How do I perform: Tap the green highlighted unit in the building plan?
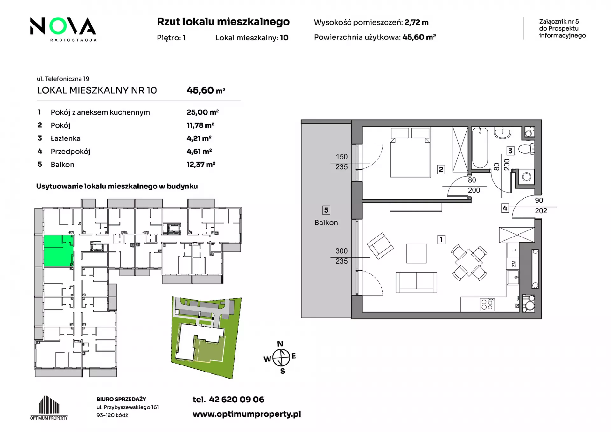tap(59, 251)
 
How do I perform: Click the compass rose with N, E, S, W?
tap(281, 357)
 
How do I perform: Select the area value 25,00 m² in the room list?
tap(203, 112)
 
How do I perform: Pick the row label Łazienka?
tap(66, 138)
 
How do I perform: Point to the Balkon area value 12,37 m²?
tap(201, 164)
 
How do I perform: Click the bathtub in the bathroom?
tap(480, 148)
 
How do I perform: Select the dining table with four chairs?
tap(469, 263)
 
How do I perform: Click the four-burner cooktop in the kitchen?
tap(487, 304)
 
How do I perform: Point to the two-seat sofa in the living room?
tap(416, 282)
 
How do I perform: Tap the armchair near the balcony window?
tap(380, 246)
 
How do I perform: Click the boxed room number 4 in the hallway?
tap(505, 208)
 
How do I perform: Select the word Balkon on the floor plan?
tap(326, 223)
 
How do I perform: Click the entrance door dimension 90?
tap(539, 201)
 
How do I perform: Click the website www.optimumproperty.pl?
tap(247, 414)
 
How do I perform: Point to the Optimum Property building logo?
tap(49, 407)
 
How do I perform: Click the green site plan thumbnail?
tap(206, 337)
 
